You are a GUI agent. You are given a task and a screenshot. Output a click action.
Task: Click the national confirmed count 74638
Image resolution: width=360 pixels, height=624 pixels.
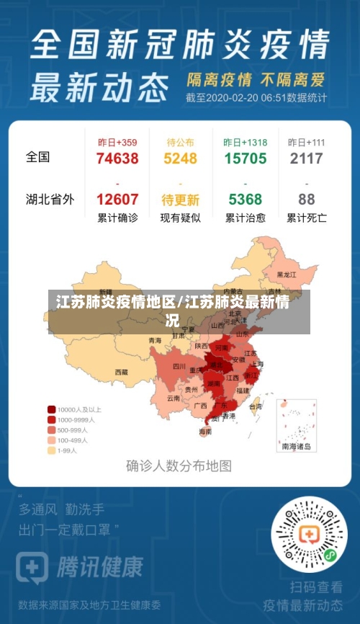(x=117, y=159)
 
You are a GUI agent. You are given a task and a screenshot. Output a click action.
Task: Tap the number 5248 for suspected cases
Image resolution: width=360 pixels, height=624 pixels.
(x=180, y=159)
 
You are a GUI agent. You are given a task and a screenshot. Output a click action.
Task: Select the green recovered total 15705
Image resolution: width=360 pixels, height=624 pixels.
(x=245, y=159)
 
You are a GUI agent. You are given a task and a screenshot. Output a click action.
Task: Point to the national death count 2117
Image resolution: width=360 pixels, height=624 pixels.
(x=307, y=159)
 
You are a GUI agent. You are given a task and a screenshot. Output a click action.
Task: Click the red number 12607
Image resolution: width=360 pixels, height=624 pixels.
(x=117, y=200)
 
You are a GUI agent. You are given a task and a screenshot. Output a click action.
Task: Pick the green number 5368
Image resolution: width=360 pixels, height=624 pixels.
(x=245, y=200)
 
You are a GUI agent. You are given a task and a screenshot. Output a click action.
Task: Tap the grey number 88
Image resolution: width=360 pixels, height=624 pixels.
(x=307, y=200)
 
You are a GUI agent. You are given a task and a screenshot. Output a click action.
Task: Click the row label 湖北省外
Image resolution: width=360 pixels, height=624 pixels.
(x=50, y=200)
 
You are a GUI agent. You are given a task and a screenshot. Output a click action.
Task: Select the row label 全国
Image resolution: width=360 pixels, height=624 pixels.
(x=38, y=156)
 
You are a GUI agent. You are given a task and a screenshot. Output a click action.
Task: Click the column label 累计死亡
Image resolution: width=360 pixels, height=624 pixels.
(x=307, y=218)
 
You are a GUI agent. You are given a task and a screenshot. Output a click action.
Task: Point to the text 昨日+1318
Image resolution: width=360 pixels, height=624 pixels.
(x=245, y=142)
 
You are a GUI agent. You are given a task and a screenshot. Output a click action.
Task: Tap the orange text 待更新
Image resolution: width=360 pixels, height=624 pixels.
(x=180, y=200)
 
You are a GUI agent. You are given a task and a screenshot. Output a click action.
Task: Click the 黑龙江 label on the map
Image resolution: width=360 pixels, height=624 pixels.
(x=287, y=275)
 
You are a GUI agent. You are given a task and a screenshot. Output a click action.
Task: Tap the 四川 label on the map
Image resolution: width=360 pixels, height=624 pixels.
(x=179, y=366)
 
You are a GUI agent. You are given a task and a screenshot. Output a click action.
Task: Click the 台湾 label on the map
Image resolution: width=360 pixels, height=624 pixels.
(x=256, y=406)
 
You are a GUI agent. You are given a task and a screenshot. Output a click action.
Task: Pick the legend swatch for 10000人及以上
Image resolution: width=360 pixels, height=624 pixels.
(x=52, y=409)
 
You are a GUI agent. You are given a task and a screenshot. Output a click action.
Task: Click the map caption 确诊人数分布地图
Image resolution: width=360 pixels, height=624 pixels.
(x=179, y=465)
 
